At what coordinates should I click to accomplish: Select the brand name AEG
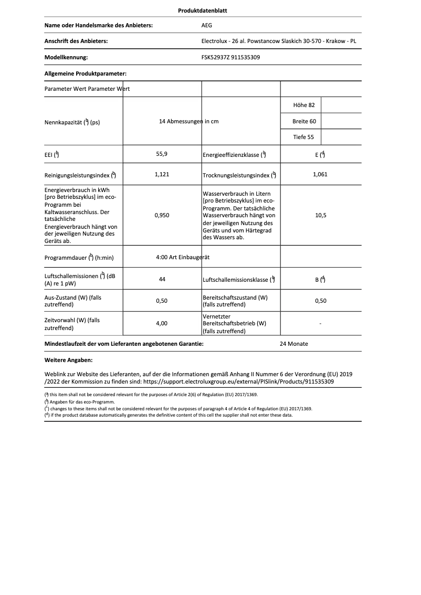(x=207, y=25)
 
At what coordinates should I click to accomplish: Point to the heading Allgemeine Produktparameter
(x=86, y=74)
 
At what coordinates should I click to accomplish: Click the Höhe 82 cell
(x=304, y=105)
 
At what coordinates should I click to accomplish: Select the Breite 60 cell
(x=304, y=121)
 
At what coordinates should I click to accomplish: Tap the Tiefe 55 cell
(x=304, y=137)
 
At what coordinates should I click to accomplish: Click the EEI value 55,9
(x=162, y=154)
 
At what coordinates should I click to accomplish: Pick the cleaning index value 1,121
(x=162, y=174)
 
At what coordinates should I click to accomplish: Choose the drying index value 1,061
(x=320, y=174)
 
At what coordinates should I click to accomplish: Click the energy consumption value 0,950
(x=162, y=215)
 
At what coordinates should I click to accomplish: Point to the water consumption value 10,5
(x=320, y=215)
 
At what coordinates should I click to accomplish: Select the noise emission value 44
(x=162, y=279)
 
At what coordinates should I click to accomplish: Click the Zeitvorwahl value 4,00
(x=162, y=324)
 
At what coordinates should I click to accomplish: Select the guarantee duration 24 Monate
(x=294, y=344)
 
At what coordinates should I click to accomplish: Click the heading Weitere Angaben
(x=68, y=360)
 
